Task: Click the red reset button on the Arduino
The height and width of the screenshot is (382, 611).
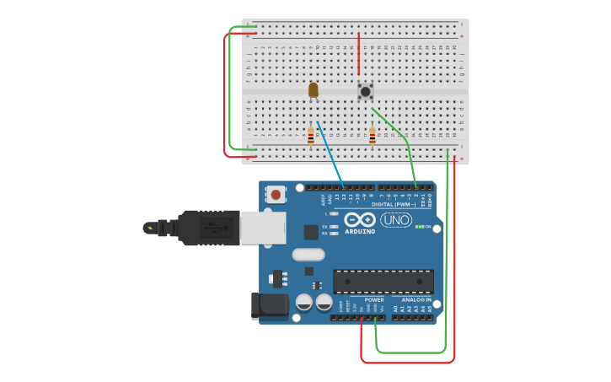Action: (x=276, y=194)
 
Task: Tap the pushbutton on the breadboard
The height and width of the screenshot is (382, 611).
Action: (x=365, y=91)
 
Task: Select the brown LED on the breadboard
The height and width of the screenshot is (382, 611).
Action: (x=314, y=89)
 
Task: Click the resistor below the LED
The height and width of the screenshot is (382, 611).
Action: (x=310, y=135)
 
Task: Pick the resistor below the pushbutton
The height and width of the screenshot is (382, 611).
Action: (x=372, y=136)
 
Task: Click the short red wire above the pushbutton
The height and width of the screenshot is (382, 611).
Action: (x=358, y=55)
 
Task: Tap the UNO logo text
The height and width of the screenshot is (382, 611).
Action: (x=396, y=219)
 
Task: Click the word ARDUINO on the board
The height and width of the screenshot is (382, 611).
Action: (x=360, y=232)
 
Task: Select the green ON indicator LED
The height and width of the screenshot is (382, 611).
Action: (x=420, y=227)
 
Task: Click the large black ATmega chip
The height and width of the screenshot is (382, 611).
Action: (x=383, y=282)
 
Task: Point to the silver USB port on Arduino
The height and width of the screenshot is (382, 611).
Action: (x=263, y=228)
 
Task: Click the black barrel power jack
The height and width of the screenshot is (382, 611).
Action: (x=268, y=305)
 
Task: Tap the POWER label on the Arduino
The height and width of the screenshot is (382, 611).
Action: (x=374, y=299)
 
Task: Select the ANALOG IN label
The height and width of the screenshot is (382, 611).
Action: (x=416, y=299)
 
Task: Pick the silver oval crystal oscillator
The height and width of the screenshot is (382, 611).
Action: (x=308, y=255)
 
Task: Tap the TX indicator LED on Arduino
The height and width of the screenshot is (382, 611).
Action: (x=335, y=227)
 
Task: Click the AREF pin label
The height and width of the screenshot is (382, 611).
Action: (x=323, y=200)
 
